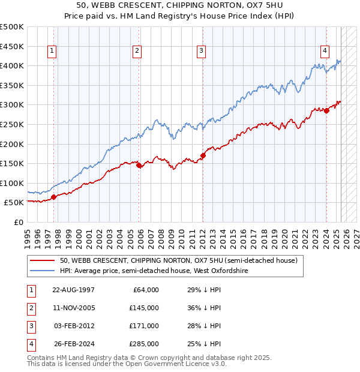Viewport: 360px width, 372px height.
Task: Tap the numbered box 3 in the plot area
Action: pyautogui.click(x=201, y=51)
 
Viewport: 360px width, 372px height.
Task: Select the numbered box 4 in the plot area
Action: pyautogui.click(x=325, y=51)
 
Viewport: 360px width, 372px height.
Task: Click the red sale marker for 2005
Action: pyautogui.click(x=139, y=165)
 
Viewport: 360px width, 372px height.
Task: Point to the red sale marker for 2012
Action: pyautogui.click(x=203, y=155)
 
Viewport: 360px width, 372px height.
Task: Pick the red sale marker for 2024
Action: pyautogui.click(x=326, y=110)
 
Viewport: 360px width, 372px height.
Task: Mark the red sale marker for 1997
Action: pyautogui.click(x=54, y=197)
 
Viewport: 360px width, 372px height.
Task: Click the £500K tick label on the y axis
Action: pyautogui.click(x=12, y=27)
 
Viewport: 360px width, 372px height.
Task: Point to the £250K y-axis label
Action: pyautogui.click(x=12, y=124)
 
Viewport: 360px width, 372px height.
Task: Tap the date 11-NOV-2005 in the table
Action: pyautogui.click(x=74, y=307)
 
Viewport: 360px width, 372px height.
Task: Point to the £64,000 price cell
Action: pyautogui.click(x=146, y=289)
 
